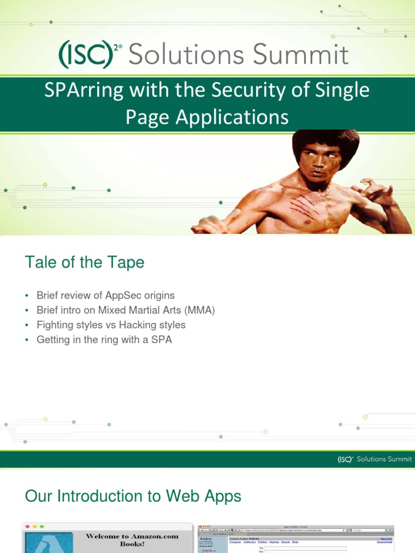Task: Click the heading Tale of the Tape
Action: click(x=84, y=262)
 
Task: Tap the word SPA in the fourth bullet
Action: click(x=162, y=340)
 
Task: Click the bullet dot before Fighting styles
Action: click(x=26, y=326)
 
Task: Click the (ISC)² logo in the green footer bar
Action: click(x=345, y=459)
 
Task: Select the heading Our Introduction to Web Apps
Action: click(x=133, y=496)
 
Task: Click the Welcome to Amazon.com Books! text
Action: click(x=131, y=540)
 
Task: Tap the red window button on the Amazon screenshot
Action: click(x=27, y=527)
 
